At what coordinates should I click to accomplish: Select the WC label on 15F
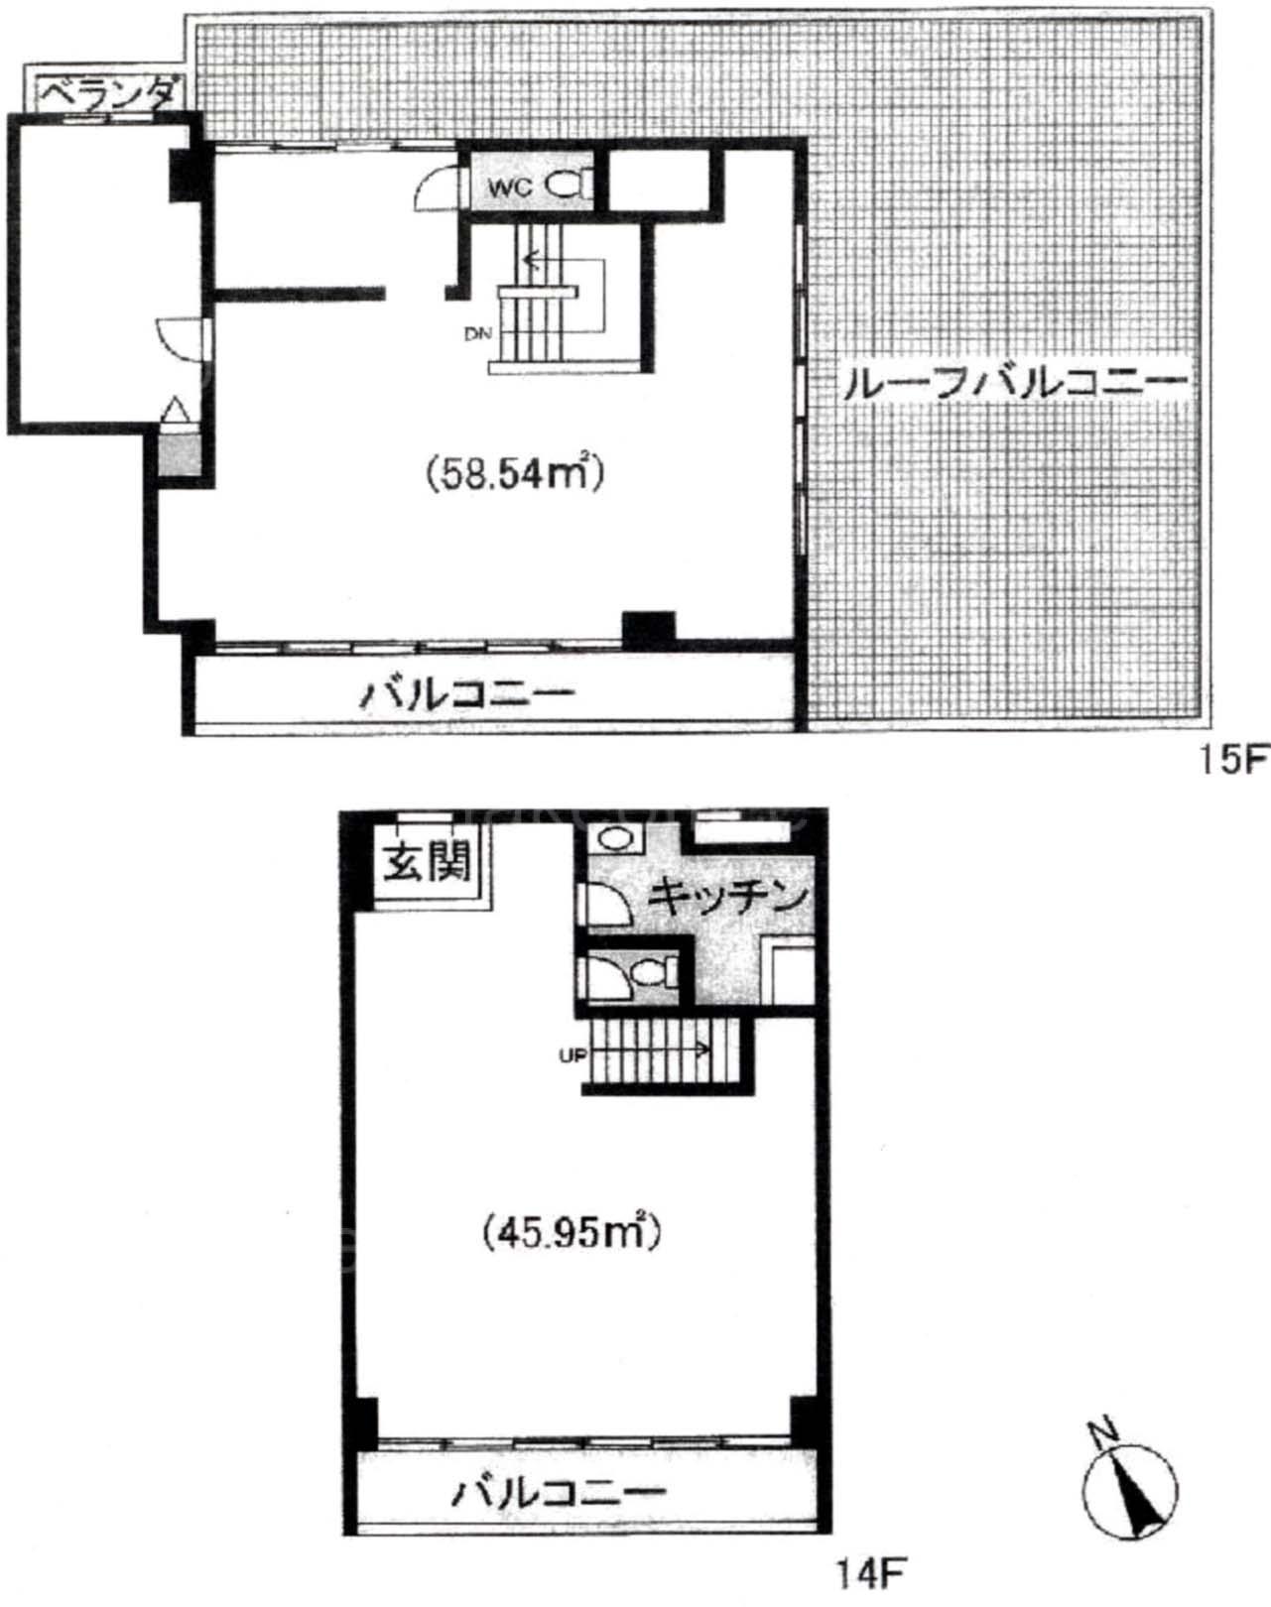(511, 187)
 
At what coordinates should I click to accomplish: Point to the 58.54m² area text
(515, 472)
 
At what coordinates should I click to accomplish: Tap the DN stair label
(478, 334)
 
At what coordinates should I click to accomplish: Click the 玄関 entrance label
(426, 865)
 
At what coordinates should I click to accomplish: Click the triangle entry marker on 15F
(176, 412)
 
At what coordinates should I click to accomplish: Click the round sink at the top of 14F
(615, 839)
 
